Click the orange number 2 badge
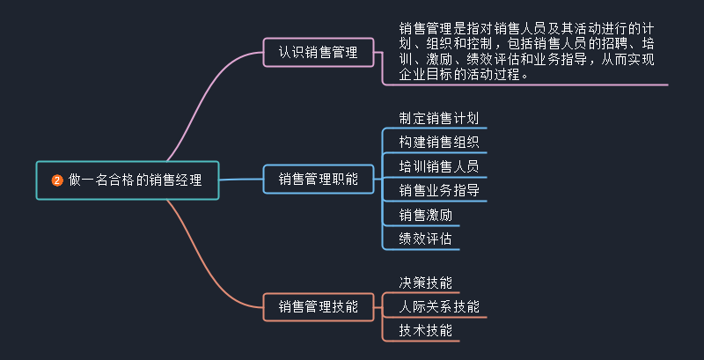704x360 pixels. [x=57, y=181]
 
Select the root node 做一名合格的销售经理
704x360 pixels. [x=128, y=180]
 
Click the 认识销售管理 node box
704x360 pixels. [x=318, y=53]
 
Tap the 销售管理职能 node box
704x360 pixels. [x=318, y=179]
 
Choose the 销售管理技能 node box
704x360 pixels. [x=318, y=306]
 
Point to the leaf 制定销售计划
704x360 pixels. [x=438, y=118]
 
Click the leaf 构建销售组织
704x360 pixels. [x=438, y=142]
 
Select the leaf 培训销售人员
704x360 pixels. [x=438, y=165]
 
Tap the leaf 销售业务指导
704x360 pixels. [x=438, y=189]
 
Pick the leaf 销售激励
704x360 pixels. [x=425, y=214]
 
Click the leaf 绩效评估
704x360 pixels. [x=425, y=238]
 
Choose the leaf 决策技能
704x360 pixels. [x=425, y=283]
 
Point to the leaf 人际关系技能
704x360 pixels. [x=438, y=306]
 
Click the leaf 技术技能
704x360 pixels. [x=425, y=330]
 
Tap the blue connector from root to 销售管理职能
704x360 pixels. [x=242, y=180]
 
